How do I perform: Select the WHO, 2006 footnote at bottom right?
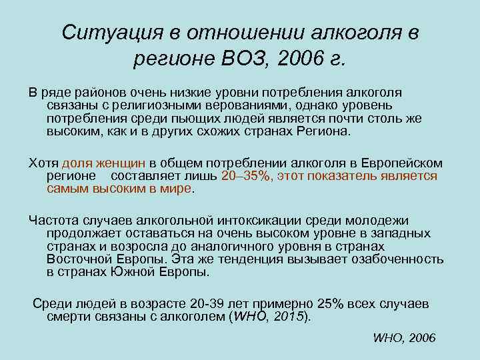pyautogui.click(x=404, y=338)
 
